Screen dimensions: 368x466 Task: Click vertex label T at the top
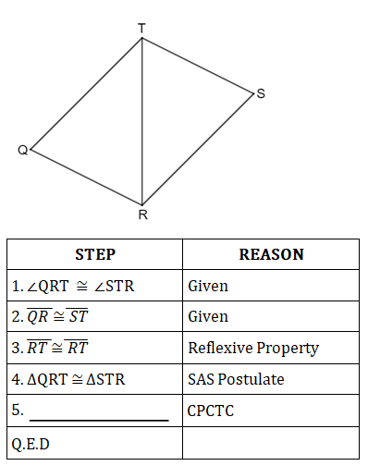(x=141, y=28)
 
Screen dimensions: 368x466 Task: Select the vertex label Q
(x=21, y=150)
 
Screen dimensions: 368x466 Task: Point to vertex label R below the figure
(x=141, y=215)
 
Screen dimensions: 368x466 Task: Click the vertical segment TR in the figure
(x=141, y=120)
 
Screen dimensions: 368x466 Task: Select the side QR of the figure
(x=86, y=176)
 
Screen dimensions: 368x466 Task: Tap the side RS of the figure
(x=197, y=149)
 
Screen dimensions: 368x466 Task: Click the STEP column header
(x=94, y=254)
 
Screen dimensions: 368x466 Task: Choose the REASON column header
(x=271, y=254)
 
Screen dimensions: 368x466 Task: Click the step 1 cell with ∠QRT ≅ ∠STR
(x=73, y=286)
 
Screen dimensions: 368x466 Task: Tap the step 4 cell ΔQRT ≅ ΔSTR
(x=69, y=380)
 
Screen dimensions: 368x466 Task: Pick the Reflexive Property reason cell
(x=252, y=349)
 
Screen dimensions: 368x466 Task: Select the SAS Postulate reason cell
(x=236, y=380)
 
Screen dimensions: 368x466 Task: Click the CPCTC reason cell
(x=211, y=411)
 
